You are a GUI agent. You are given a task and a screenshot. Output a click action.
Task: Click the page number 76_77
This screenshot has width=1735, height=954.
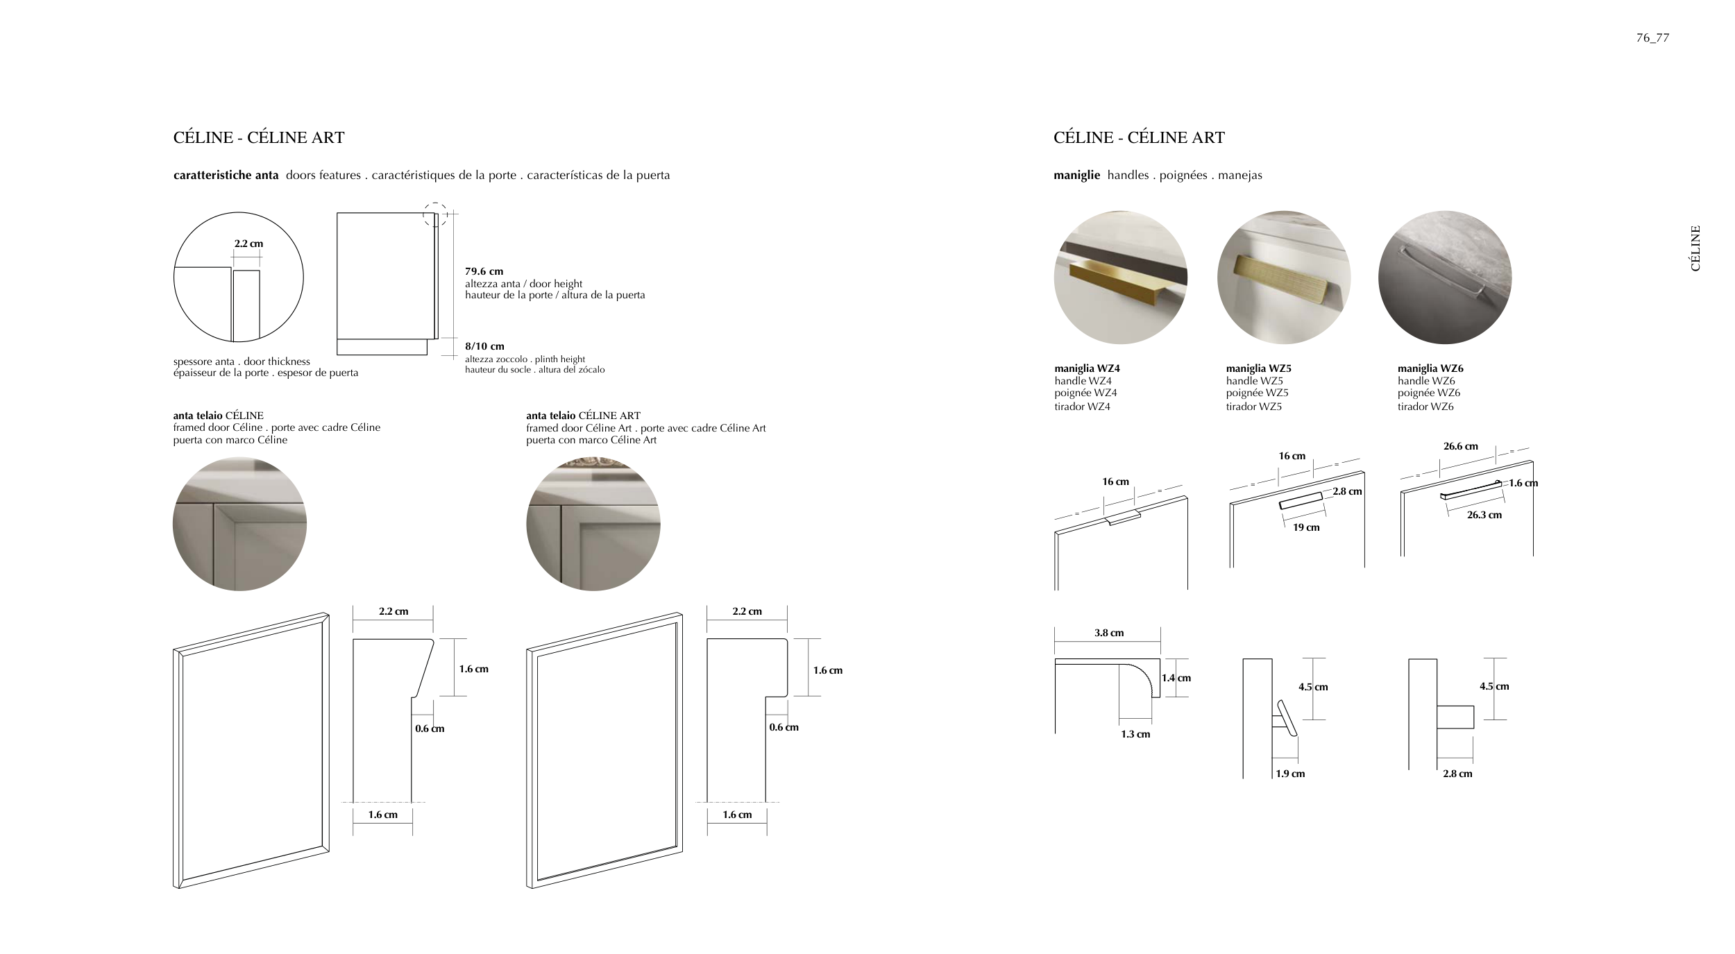pos(1652,38)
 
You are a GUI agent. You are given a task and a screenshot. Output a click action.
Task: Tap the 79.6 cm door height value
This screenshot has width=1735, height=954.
pos(484,271)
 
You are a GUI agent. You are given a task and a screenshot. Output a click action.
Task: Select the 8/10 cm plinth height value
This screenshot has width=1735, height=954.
pos(484,346)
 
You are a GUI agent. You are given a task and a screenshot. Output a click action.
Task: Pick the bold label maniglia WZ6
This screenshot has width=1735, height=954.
pos(1430,368)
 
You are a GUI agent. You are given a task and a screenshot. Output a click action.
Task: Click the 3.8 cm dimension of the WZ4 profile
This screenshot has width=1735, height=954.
pos(1109,633)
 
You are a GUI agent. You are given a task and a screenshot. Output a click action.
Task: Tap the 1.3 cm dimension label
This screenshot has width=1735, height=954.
pos(1135,734)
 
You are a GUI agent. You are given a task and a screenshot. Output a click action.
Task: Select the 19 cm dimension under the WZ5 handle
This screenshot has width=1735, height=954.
pos(1306,527)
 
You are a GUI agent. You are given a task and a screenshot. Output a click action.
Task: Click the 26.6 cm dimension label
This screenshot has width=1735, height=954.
pos(1460,446)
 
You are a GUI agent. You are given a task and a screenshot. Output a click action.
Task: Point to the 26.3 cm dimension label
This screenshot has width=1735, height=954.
pos(1484,515)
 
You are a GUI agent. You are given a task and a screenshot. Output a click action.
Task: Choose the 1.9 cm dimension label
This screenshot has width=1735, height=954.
pos(1290,774)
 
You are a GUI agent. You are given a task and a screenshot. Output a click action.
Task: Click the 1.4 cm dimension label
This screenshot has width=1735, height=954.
pos(1176,678)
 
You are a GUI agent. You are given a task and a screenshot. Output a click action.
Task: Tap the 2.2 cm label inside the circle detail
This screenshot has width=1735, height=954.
pos(248,244)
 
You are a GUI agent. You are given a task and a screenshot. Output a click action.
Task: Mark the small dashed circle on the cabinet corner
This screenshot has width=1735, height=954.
pos(435,214)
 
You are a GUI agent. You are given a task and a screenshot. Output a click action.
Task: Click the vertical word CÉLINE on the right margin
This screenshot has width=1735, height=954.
pos(1695,248)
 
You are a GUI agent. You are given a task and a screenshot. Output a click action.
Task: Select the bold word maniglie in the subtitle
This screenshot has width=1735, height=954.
pos(1076,175)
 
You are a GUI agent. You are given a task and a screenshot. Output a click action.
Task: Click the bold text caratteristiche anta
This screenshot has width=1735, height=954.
pos(226,175)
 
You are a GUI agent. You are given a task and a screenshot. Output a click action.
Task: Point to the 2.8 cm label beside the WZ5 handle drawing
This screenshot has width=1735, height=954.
pos(1347,491)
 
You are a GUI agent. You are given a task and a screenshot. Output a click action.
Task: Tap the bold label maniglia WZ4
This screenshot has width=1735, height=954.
pos(1087,368)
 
